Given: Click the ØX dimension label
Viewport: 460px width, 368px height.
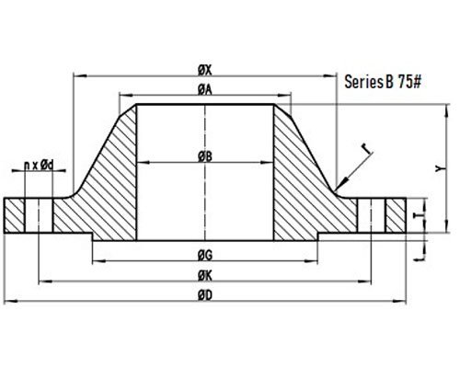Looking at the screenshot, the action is point(205,71).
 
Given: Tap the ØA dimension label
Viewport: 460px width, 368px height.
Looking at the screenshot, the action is point(205,89).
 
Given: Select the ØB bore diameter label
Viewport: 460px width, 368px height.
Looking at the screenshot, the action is point(205,156).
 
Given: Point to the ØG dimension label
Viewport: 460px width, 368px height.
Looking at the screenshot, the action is point(205,256).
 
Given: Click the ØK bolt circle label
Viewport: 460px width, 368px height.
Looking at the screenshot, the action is point(205,276).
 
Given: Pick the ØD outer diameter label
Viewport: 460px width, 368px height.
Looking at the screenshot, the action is point(205,295).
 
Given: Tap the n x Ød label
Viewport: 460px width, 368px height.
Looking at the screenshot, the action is point(39,166).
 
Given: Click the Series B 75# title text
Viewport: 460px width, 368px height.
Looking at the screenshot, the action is point(383,82).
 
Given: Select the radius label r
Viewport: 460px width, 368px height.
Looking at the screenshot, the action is point(366,148).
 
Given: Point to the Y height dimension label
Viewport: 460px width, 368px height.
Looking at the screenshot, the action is point(440,168).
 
